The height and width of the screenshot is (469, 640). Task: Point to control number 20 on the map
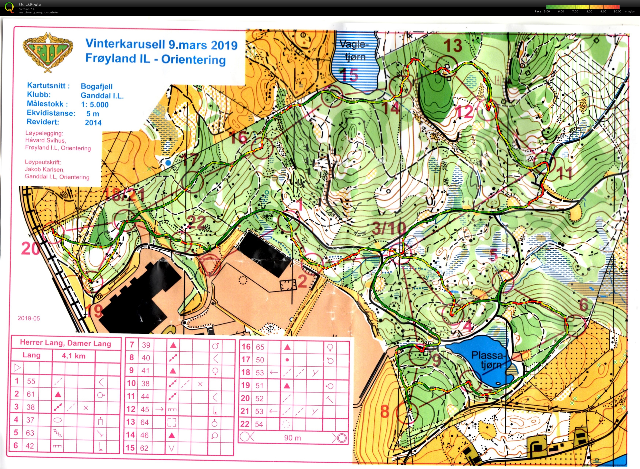[x=30, y=249]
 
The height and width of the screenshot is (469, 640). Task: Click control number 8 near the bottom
[x=385, y=411]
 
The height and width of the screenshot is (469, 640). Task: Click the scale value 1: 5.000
[x=95, y=105]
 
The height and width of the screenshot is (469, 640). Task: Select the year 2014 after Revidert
[x=93, y=123]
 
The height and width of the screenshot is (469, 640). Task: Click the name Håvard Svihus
[x=45, y=140]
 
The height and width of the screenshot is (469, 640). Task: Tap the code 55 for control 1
[x=31, y=381]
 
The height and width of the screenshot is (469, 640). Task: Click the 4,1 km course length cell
[x=74, y=356]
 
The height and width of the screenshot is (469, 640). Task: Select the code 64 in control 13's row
[x=144, y=422]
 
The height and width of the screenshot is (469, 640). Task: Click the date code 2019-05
[x=29, y=318]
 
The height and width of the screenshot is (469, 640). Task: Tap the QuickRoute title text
[x=30, y=4]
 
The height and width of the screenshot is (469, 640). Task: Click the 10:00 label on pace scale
[x=617, y=12]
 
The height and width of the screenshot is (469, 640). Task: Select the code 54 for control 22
[x=259, y=424]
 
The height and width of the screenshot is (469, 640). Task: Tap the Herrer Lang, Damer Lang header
[x=65, y=343]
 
